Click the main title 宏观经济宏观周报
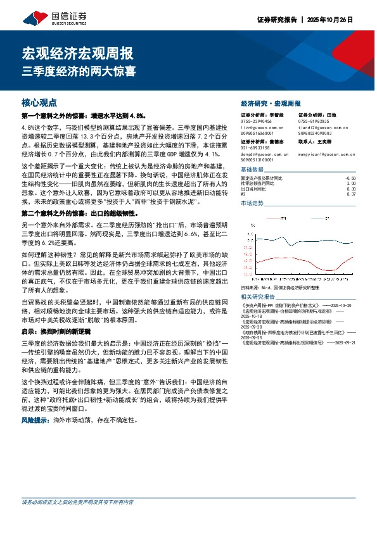tap(77, 53)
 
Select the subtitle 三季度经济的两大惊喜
tap(79, 71)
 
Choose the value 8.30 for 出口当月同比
tap(352, 189)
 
